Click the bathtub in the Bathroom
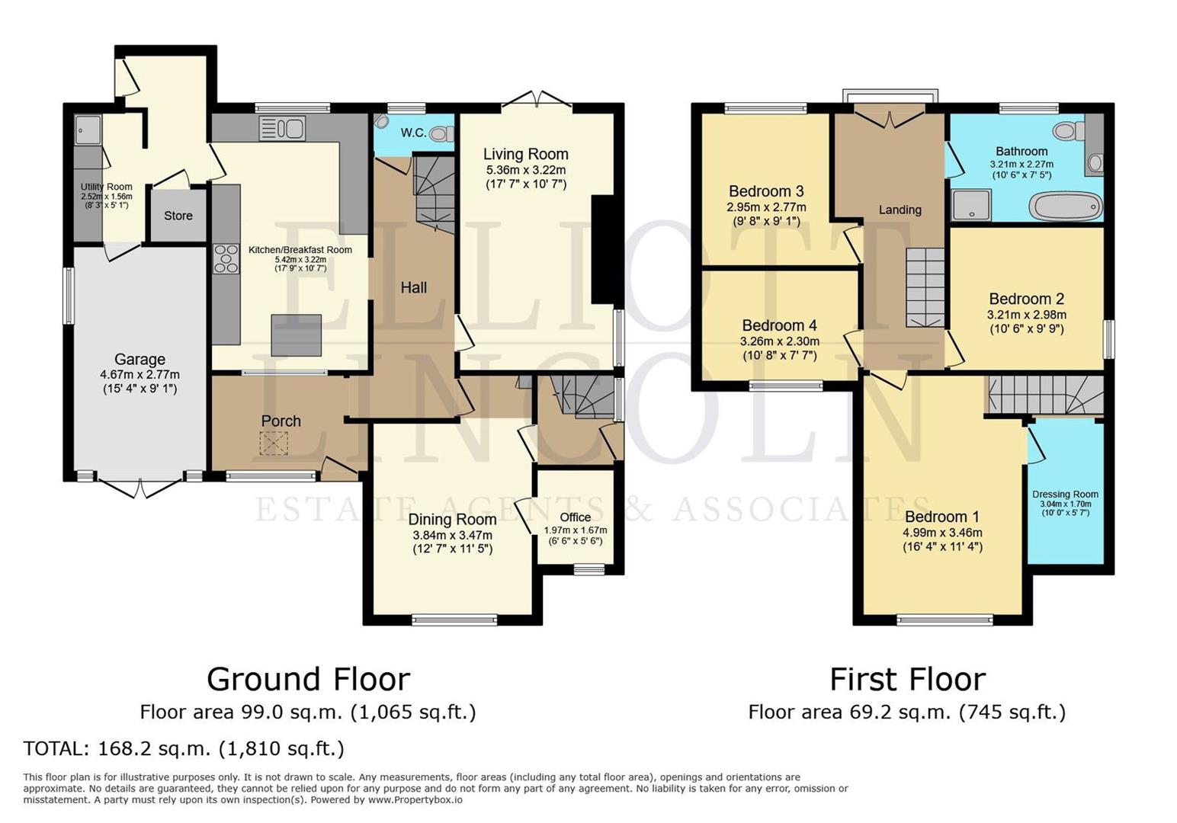[x=1065, y=206]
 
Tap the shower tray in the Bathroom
[x=970, y=204]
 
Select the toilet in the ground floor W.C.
[x=438, y=134]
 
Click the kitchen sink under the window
[x=282, y=128]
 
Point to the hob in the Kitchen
[x=226, y=258]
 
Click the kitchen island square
[x=296, y=335]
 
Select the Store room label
[x=178, y=216]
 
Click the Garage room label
[x=140, y=359]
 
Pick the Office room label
[x=575, y=517]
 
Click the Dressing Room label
[x=1065, y=494]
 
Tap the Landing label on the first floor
[x=900, y=210]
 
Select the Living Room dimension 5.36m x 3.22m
[x=525, y=170]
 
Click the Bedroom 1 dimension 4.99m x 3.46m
[x=942, y=533]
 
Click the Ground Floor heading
[x=308, y=678]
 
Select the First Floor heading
[x=907, y=678]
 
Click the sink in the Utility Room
[x=88, y=130]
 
